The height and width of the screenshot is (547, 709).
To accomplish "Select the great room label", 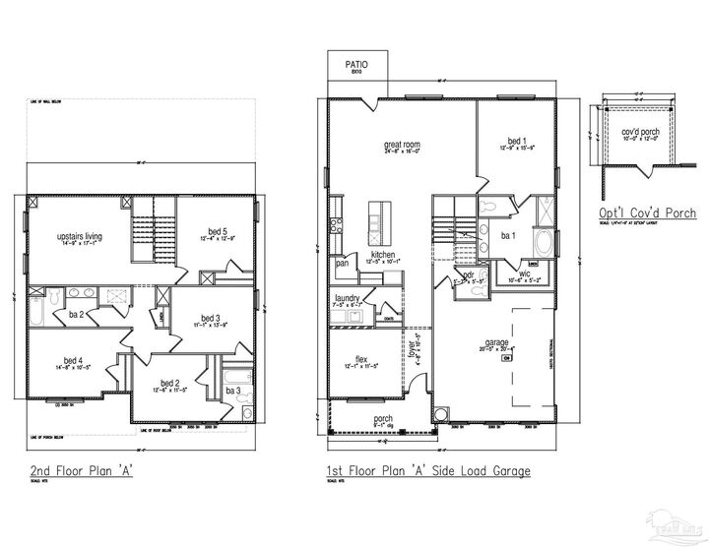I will click(x=402, y=145).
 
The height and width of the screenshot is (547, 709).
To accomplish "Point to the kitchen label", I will click(x=383, y=255).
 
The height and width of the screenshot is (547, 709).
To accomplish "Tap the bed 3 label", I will click(x=210, y=318).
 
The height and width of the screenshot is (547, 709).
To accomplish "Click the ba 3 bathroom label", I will click(x=233, y=392).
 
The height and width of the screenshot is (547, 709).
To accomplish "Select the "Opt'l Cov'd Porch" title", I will click(x=647, y=213).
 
